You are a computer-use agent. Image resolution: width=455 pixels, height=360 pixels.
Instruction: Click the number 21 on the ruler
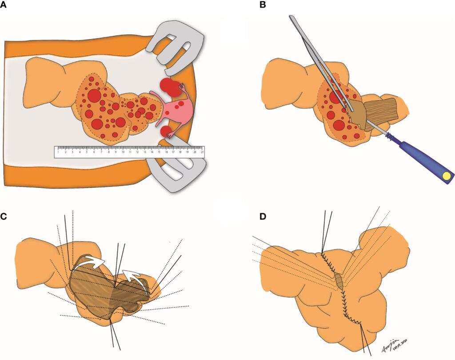click(202, 152)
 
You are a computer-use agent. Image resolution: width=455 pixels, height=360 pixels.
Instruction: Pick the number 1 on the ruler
click(58, 152)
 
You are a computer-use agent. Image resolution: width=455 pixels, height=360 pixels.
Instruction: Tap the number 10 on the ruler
click(123, 152)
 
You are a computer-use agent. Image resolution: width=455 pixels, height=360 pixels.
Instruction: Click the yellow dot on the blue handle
click(445, 177)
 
